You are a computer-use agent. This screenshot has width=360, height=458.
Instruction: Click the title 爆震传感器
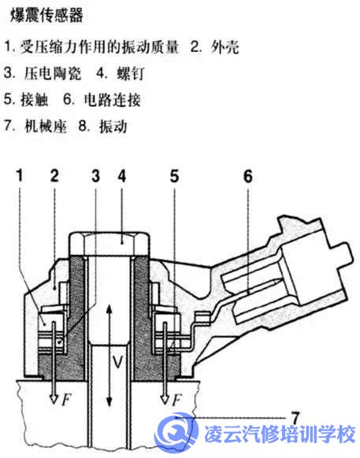point(46,15)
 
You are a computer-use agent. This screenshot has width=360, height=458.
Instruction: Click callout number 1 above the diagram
point(20,176)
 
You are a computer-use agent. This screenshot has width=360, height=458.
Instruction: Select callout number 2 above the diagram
point(54,176)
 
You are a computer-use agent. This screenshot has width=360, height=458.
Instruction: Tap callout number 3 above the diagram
point(95,176)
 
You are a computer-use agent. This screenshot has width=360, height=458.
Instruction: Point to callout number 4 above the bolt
point(122,176)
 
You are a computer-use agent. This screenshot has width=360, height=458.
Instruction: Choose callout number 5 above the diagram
point(174,176)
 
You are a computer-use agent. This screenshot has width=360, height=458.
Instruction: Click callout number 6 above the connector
point(247,176)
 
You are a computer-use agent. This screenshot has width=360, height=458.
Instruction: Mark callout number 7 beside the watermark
point(295,419)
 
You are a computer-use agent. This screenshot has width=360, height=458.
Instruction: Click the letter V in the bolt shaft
point(118,362)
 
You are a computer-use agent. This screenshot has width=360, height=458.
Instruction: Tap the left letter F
point(66,400)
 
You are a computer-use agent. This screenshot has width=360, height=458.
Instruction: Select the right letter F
point(176,400)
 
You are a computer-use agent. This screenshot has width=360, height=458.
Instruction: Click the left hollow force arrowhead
point(54,399)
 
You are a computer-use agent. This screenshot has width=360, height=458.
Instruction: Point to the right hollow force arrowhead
point(165,399)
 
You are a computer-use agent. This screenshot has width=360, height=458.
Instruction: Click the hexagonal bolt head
point(109,244)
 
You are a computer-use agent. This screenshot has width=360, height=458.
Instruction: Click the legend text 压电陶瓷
point(53,73)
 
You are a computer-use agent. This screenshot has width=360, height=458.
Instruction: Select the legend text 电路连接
point(113,100)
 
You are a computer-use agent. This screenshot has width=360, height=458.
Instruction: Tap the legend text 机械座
point(46,126)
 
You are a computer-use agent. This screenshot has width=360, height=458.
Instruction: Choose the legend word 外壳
point(225,47)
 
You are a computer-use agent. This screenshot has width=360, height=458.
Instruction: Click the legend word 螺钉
point(131,73)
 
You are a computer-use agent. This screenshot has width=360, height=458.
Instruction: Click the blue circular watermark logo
point(176,432)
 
